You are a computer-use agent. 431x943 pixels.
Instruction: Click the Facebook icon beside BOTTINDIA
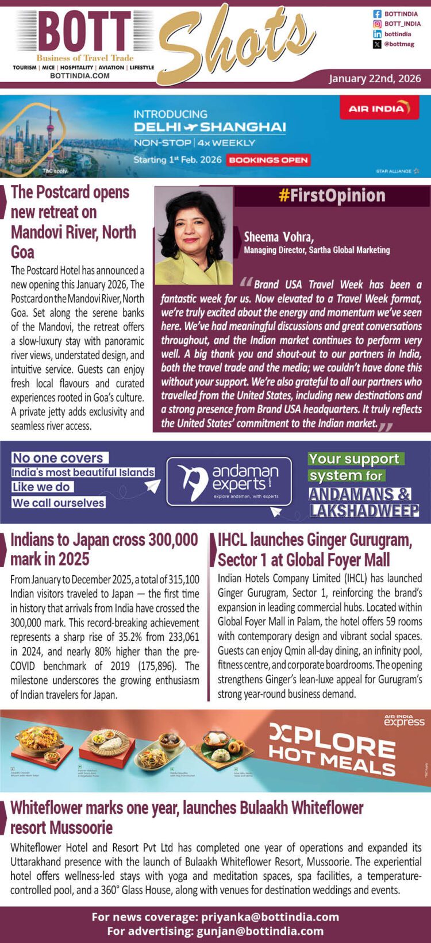click(x=378, y=14)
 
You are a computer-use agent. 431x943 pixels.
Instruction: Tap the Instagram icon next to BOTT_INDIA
click(x=378, y=24)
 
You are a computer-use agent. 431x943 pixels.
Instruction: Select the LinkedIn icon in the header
click(x=378, y=34)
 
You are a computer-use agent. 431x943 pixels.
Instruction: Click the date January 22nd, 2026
click(x=375, y=78)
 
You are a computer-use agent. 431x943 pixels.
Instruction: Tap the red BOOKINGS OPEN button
click(x=268, y=160)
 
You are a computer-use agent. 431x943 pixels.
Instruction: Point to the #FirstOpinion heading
click(x=332, y=196)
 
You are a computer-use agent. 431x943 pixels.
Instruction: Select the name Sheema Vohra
click(x=279, y=237)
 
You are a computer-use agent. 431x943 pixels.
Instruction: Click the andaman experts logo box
click(x=229, y=482)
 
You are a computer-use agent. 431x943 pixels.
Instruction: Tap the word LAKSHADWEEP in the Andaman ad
click(x=364, y=510)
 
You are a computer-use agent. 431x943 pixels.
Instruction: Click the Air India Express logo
click(x=404, y=720)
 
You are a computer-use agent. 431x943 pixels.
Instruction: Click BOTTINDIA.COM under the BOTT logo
click(x=80, y=75)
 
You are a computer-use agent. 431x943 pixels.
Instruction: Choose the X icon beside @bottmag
click(x=378, y=44)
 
